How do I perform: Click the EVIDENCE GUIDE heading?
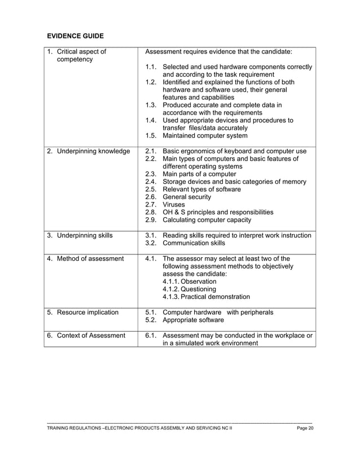[x=75, y=36]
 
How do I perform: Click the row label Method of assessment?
[x=85, y=258]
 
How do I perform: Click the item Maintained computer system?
[x=204, y=136]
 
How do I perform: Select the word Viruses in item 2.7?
[x=174, y=205]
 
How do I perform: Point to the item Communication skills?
[x=194, y=243]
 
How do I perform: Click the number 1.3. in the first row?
[x=150, y=105]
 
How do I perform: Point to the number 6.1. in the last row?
[x=150, y=336]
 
